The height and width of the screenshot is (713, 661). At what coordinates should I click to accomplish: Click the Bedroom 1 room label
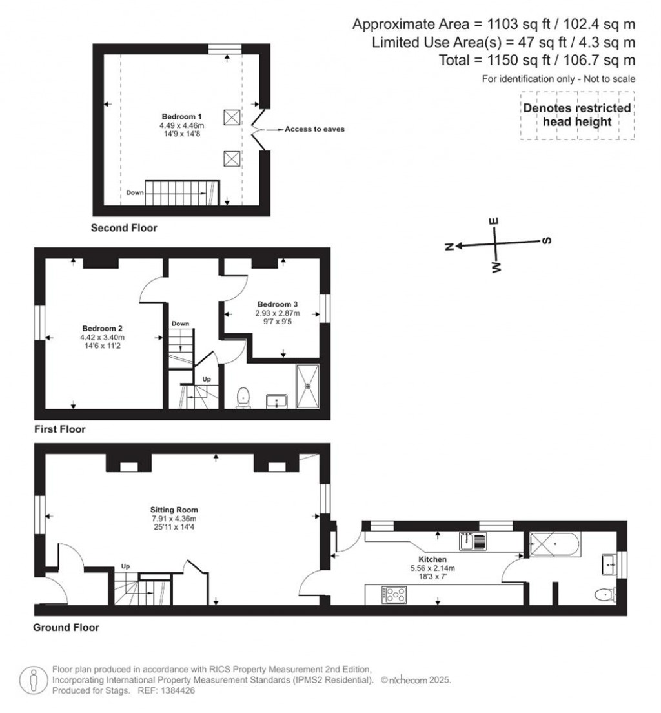(173, 116)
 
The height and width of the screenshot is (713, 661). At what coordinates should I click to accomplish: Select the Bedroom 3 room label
(277, 304)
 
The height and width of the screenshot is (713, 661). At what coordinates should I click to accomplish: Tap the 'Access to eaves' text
(314, 129)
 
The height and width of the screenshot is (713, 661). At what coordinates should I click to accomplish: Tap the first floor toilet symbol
(243, 396)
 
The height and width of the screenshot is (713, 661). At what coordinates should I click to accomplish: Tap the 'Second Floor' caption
(124, 228)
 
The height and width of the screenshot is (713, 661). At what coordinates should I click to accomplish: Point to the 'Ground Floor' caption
(67, 627)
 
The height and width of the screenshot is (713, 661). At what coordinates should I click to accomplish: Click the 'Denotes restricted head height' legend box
(577, 115)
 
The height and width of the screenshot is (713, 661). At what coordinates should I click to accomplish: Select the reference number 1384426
(176, 690)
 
